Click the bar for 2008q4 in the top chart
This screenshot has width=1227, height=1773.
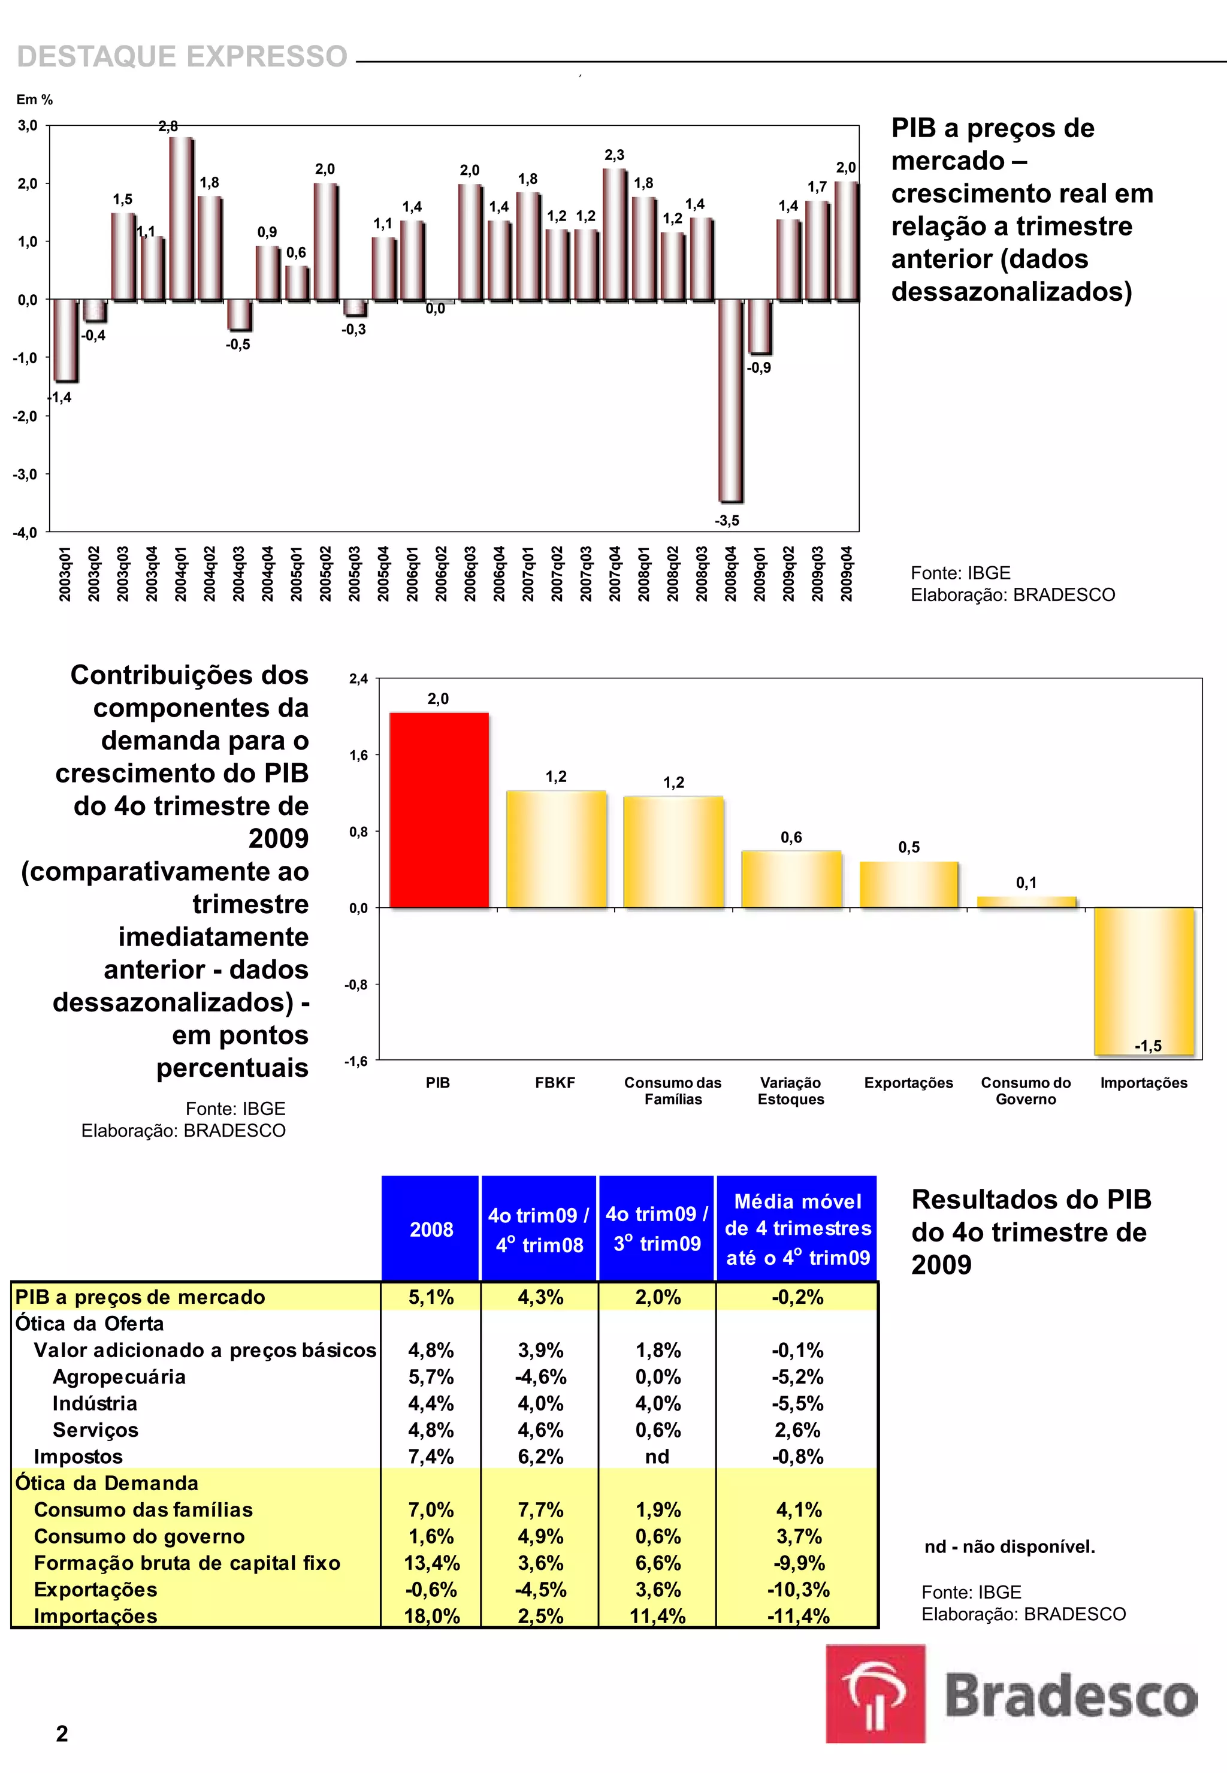click(730, 400)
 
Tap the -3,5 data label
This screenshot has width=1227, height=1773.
click(727, 521)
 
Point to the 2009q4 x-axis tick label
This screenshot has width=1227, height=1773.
click(847, 573)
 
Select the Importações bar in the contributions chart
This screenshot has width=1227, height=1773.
click(1144, 980)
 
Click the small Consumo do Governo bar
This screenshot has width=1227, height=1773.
click(1026, 902)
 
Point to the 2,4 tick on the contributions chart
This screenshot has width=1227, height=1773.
click(358, 679)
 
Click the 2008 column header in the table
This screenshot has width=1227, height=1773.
click(431, 1230)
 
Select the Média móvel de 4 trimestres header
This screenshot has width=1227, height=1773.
click(797, 1230)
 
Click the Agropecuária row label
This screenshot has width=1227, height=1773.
click(119, 1376)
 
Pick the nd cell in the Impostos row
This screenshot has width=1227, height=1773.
click(657, 1456)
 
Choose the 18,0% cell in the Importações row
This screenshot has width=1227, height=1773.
click(431, 1616)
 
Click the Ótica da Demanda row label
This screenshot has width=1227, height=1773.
click(107, 1483)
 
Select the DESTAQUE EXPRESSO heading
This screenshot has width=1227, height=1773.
click(182, 57)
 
